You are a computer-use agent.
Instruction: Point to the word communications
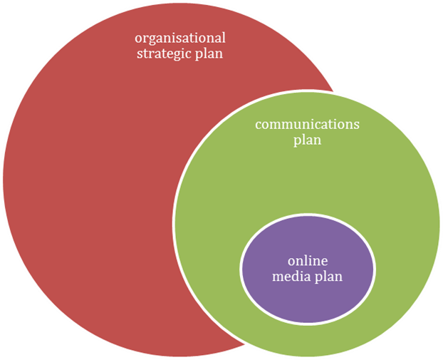pos(307,125)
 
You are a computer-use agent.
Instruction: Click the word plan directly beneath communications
pos(307,140)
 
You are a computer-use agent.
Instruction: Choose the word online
pos(307,260)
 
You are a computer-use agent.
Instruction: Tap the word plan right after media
pos(328,277)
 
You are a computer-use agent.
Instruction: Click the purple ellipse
pos(307,292)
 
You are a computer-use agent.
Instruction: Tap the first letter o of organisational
pos(138,38)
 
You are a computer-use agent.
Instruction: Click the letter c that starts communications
pos(259,125)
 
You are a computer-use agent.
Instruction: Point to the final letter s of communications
pos(357,125)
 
